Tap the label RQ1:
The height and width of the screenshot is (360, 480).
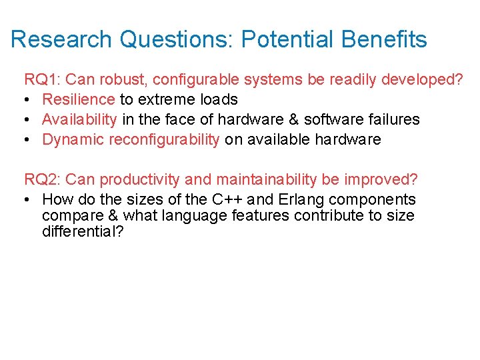pyautogui.click(x=43, y=80)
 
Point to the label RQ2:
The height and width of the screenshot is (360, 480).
pyautogui.click(x=43, y=179)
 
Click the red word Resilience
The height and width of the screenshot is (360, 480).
pyautogui.click(x=79, y=100)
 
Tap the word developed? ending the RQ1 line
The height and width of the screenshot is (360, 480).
pyautogui.click(x=422, y=80)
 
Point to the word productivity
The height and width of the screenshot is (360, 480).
pyautogui.click(x=136, y=179)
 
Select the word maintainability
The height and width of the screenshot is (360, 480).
pyautogui.click(x=253, y=179)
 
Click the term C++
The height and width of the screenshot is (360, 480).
pyautogui.click(x=227, y=199)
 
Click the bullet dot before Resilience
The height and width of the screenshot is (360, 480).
pyautogui.click(x=28, y=100)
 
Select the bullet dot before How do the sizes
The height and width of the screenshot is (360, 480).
pyautogui.click(x=28, y=199)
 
